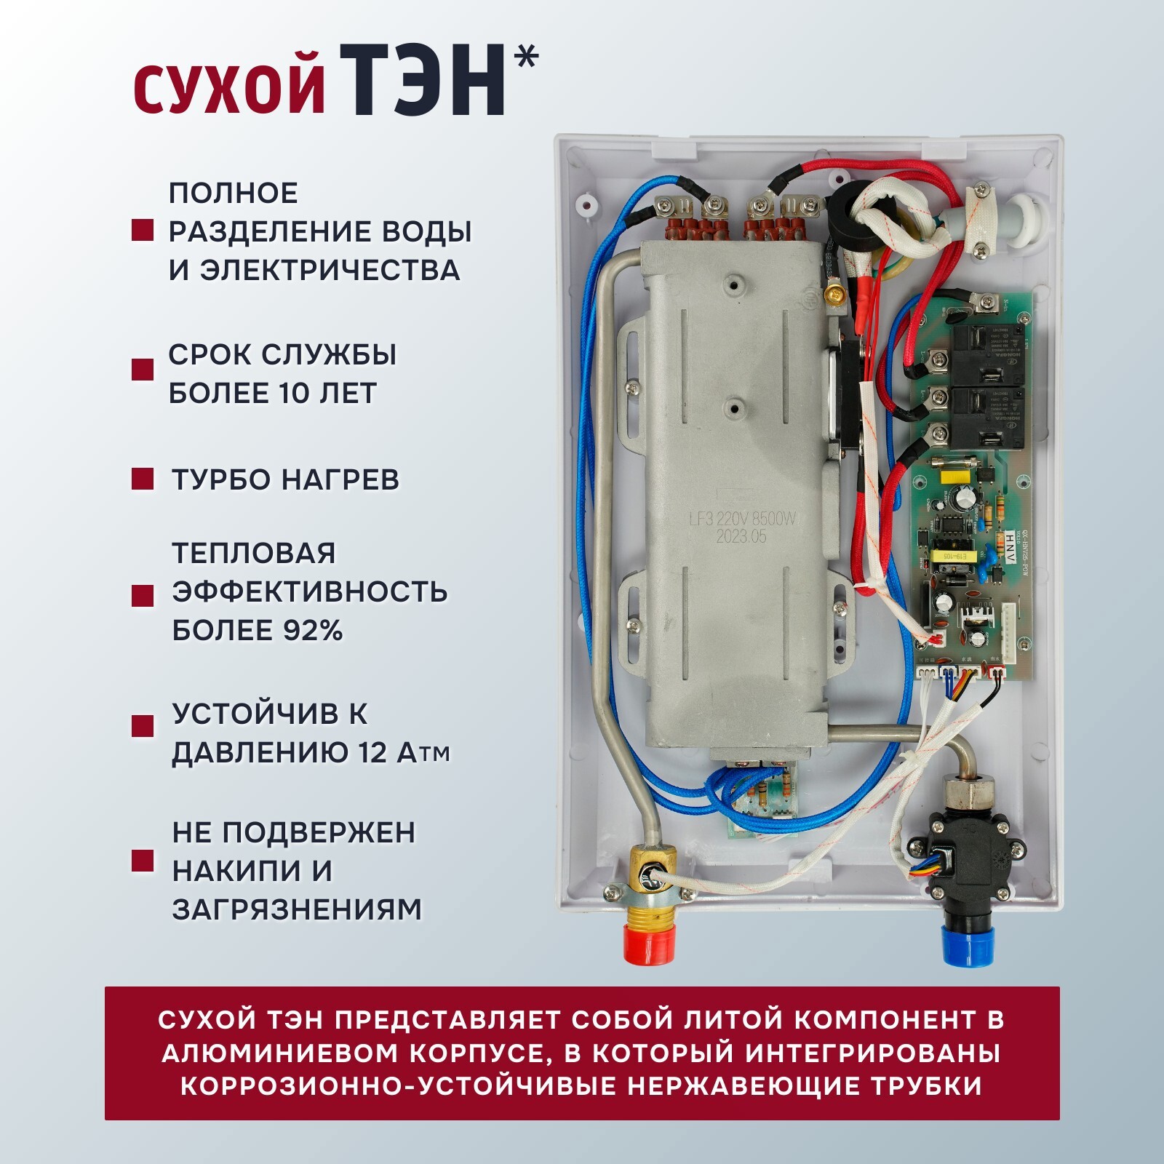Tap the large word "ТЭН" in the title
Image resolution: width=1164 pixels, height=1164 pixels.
[423, 80]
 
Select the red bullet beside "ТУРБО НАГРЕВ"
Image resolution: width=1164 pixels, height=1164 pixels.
[143, 479]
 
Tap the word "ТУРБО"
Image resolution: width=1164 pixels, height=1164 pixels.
[222, 480]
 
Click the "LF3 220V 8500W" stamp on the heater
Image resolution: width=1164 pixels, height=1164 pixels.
[742, 519]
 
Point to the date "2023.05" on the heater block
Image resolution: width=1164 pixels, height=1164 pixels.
[741, 538]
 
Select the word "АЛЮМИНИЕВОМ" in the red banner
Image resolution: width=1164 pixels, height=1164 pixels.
[277, 1053]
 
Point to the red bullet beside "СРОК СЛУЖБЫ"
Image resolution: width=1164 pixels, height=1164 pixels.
[143, 369]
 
